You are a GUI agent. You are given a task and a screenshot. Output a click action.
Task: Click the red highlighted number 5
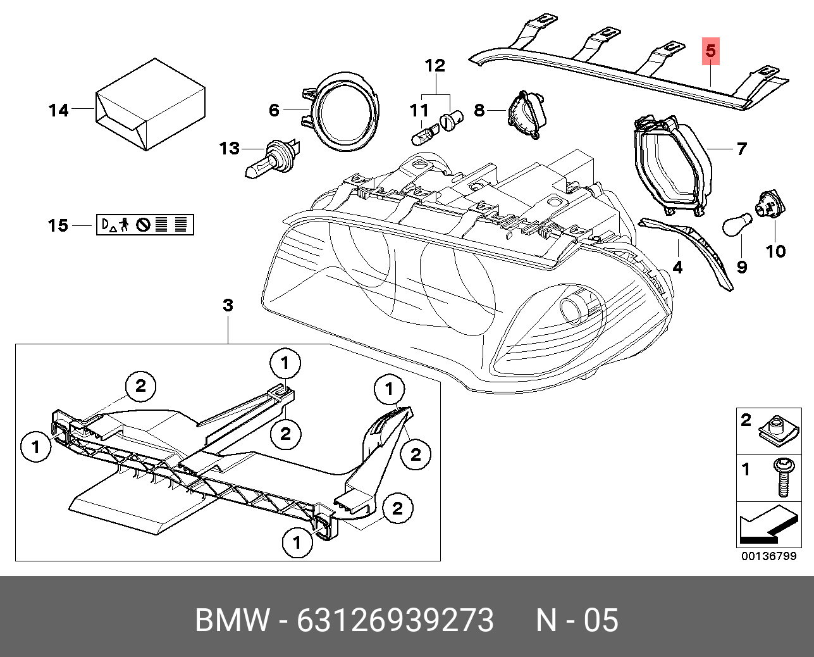point(710,51)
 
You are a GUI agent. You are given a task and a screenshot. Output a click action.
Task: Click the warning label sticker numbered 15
point(145,225)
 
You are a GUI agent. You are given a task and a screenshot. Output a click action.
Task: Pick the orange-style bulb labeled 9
point(737,225)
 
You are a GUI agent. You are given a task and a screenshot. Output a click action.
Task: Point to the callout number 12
point(435,66)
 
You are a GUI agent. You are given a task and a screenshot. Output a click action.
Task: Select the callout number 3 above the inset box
point(228,306)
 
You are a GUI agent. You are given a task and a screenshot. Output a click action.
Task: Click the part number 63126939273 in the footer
point(395,620)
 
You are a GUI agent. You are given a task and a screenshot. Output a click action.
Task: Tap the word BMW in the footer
point(232,620)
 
